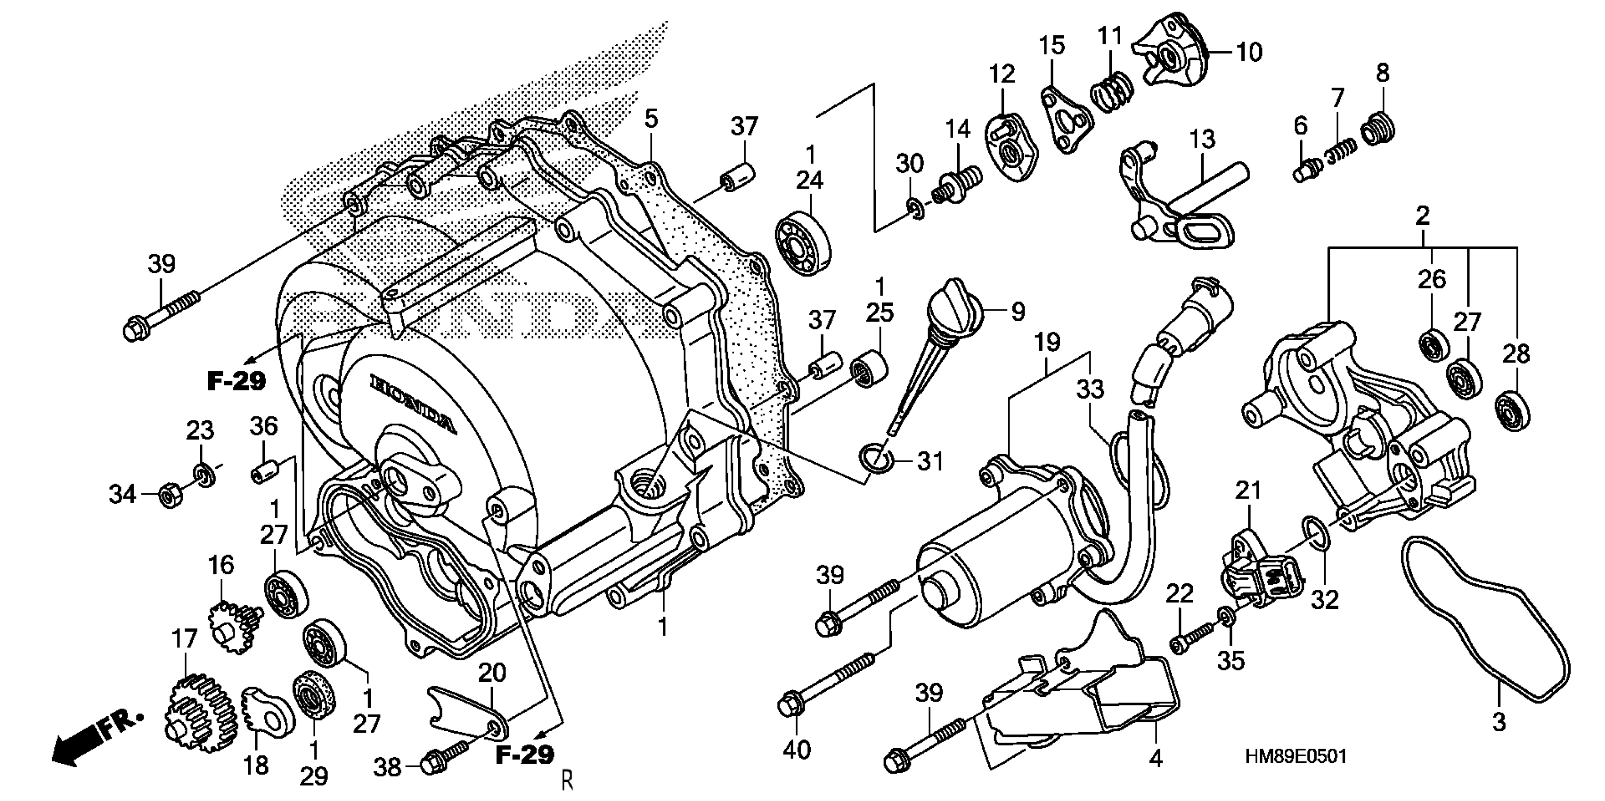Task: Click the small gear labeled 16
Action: [x=234, y=627]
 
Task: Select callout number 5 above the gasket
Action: [x=651, y=118]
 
